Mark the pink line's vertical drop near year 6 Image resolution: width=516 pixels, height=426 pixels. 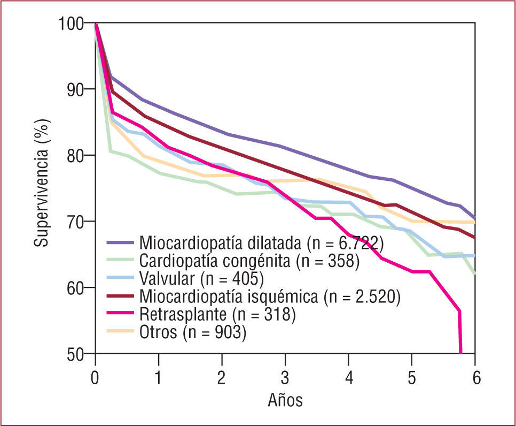click(x=460, y=332)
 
